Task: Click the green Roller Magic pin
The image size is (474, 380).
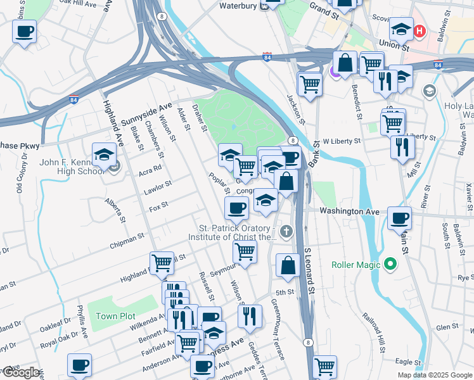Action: coord(391,263)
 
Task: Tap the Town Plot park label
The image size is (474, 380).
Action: coord(115,316)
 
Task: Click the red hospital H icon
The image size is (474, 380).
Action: coord(419,30)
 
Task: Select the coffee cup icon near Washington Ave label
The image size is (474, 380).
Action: coord(399,218)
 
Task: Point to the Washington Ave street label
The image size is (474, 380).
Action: coord(349,211)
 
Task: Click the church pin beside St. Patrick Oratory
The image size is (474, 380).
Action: coord(286,232)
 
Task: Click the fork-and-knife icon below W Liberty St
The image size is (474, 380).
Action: coord(402,147)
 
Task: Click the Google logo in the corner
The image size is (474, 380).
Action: coord(20,372)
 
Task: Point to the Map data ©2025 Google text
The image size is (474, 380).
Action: coord(435,375)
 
